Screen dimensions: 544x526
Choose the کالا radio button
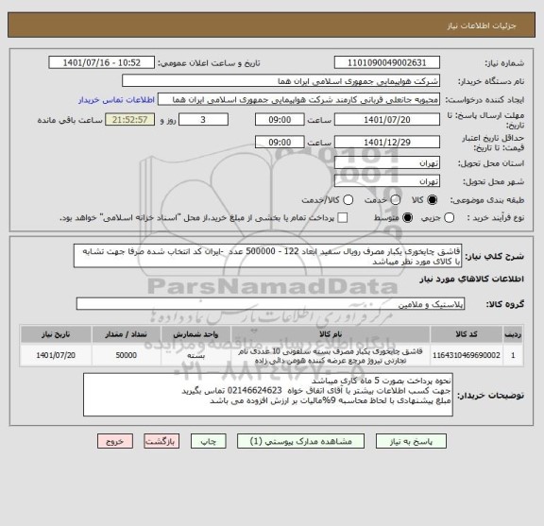tap(433, 200)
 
